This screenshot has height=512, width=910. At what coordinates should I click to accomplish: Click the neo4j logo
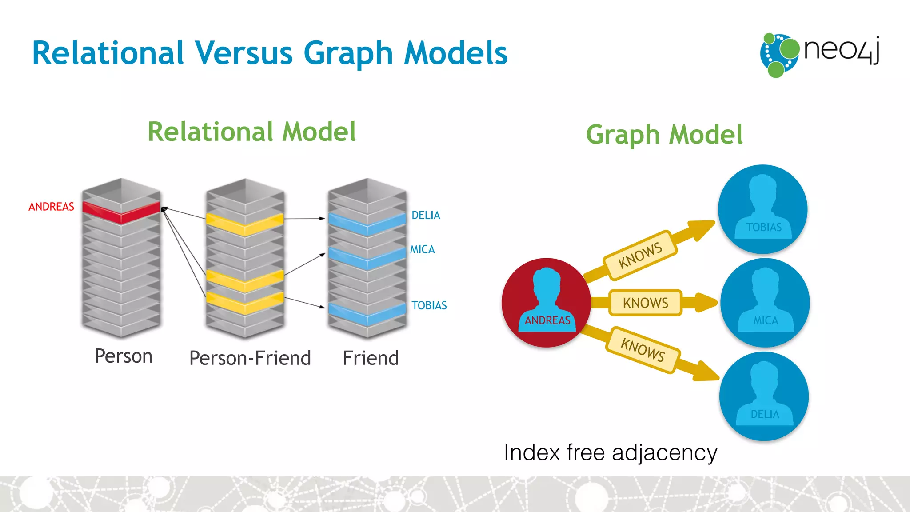(x=820, y=55)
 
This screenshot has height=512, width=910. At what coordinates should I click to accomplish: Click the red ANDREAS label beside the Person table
(x=51, y=207)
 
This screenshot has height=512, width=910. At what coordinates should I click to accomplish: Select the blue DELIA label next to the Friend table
(x=426, y=216)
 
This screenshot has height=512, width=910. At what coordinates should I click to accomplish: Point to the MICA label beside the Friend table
(x=422, y=249)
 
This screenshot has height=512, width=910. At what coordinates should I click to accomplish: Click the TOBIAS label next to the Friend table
(x=429, y=305)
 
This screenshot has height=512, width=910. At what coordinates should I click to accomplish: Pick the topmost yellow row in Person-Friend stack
(x=244, y=224)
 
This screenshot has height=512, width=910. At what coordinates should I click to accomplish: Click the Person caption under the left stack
(x=124, y=356)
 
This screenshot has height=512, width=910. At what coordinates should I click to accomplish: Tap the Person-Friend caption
(x=250, y=358)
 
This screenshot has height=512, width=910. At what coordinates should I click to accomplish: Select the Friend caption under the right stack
(x=371, y=358)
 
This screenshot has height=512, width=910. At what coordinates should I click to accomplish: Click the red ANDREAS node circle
(x=546, y=302)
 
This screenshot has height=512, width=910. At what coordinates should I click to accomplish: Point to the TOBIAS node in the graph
(x=763, y=209)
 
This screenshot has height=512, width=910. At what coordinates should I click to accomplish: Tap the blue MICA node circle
(x=765, y=302)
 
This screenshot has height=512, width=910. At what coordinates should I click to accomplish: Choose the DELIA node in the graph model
(x=764, y=396)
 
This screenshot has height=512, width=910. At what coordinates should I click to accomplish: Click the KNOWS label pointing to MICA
(x=645, y=303)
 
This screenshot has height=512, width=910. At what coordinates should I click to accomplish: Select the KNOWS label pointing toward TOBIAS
(x=640, y=256)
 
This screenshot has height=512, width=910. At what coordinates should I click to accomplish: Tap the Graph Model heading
(x=664, y=135)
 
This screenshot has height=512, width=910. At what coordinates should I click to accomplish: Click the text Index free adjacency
(x=610, y=453)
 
